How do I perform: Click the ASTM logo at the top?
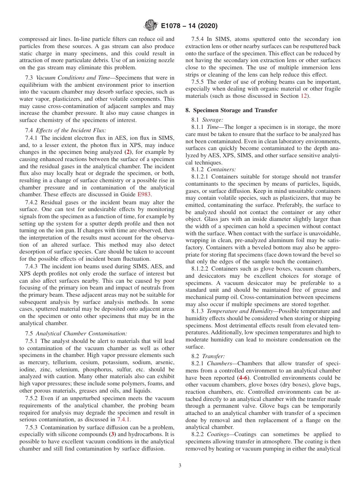[150, 26]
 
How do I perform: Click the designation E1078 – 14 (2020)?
[189, 26]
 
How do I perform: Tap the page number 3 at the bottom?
[180, 465]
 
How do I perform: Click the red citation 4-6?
[243, 378]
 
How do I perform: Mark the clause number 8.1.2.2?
[201, 269]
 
